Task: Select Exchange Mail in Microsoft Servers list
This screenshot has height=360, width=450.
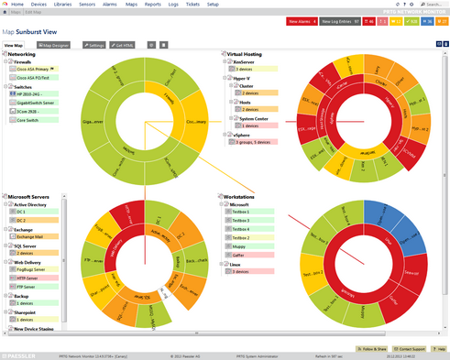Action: (x=33, y=235)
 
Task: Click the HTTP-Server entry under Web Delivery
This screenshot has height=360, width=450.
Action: (x=29, y=280)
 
